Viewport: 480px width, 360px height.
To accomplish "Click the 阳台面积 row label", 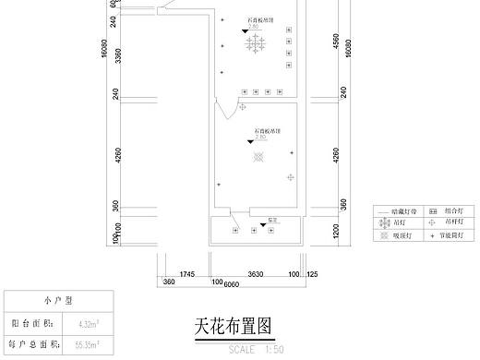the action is [31, 324].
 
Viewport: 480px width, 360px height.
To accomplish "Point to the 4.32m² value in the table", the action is [88, 324].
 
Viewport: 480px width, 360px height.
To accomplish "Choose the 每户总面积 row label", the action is [31, 344].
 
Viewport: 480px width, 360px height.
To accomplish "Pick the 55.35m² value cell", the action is [88, 344].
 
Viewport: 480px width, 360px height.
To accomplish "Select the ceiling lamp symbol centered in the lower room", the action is [258, 158].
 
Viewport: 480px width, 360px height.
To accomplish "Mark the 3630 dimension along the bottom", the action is [257, 273].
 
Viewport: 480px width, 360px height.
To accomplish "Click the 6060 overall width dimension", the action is [231, 282].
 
